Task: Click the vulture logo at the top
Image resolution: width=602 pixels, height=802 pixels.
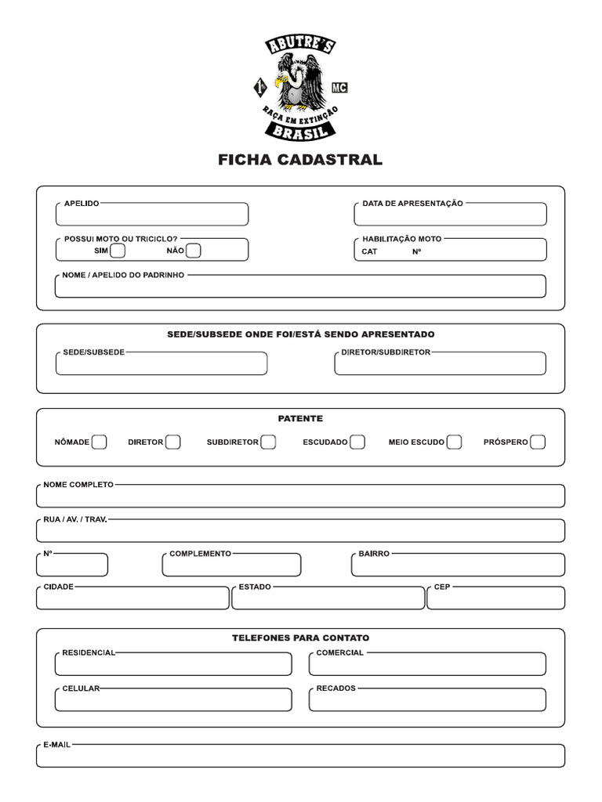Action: pyautogui.click(x=300, y=88)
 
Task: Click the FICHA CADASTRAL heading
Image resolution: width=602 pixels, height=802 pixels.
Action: pyautogui.click(x=300, y=160)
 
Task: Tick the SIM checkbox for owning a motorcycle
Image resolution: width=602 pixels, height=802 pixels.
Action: pyautogui.click(x=118, y=251)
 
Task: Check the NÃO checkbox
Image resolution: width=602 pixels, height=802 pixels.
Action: pyautogui.click(x=194, y=251)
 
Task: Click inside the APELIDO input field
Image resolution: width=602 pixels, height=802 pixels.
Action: pyautogui.click(x=152, y=215)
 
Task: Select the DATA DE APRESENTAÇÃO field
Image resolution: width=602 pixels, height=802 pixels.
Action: pyautogui.click(x=450, y=215)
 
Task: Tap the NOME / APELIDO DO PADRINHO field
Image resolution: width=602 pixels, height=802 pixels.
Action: pyautogui.click(x=300, y=287)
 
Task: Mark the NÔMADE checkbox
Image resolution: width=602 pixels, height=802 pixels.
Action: pyautogui.click(x=99, y=442)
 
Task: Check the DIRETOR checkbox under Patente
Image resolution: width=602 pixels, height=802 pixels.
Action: pyautogui.click(x=173, y=442)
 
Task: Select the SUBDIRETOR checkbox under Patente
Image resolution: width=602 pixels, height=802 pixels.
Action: pyautogui.click(x=268, y=442)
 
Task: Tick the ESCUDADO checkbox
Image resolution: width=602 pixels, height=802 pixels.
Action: pyautogui.click(x=357, y=442)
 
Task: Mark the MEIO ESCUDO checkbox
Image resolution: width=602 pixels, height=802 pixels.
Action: pyautogui.click(x=454, y=442)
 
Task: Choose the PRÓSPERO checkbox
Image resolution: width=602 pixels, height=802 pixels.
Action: pyautogui.click(x=538, y=442)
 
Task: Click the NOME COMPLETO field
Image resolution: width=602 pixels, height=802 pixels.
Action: pyautogui.click(x=300, y=497)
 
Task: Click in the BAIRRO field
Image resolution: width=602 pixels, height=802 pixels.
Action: pyautogui.click(x=458, y=565)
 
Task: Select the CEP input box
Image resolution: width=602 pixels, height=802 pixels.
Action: pyautogui.click(x=495, y=599)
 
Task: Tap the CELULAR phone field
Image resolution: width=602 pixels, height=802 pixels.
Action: pyautogui.click(x=173, y=700)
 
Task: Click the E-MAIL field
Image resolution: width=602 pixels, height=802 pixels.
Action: pyautogui.click(x=300, y=757)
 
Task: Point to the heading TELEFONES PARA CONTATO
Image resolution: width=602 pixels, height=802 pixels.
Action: pyautogui.click(x=300, y=638)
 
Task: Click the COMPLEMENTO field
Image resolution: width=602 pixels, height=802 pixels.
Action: pyautogui.click(x=231, y=565)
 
